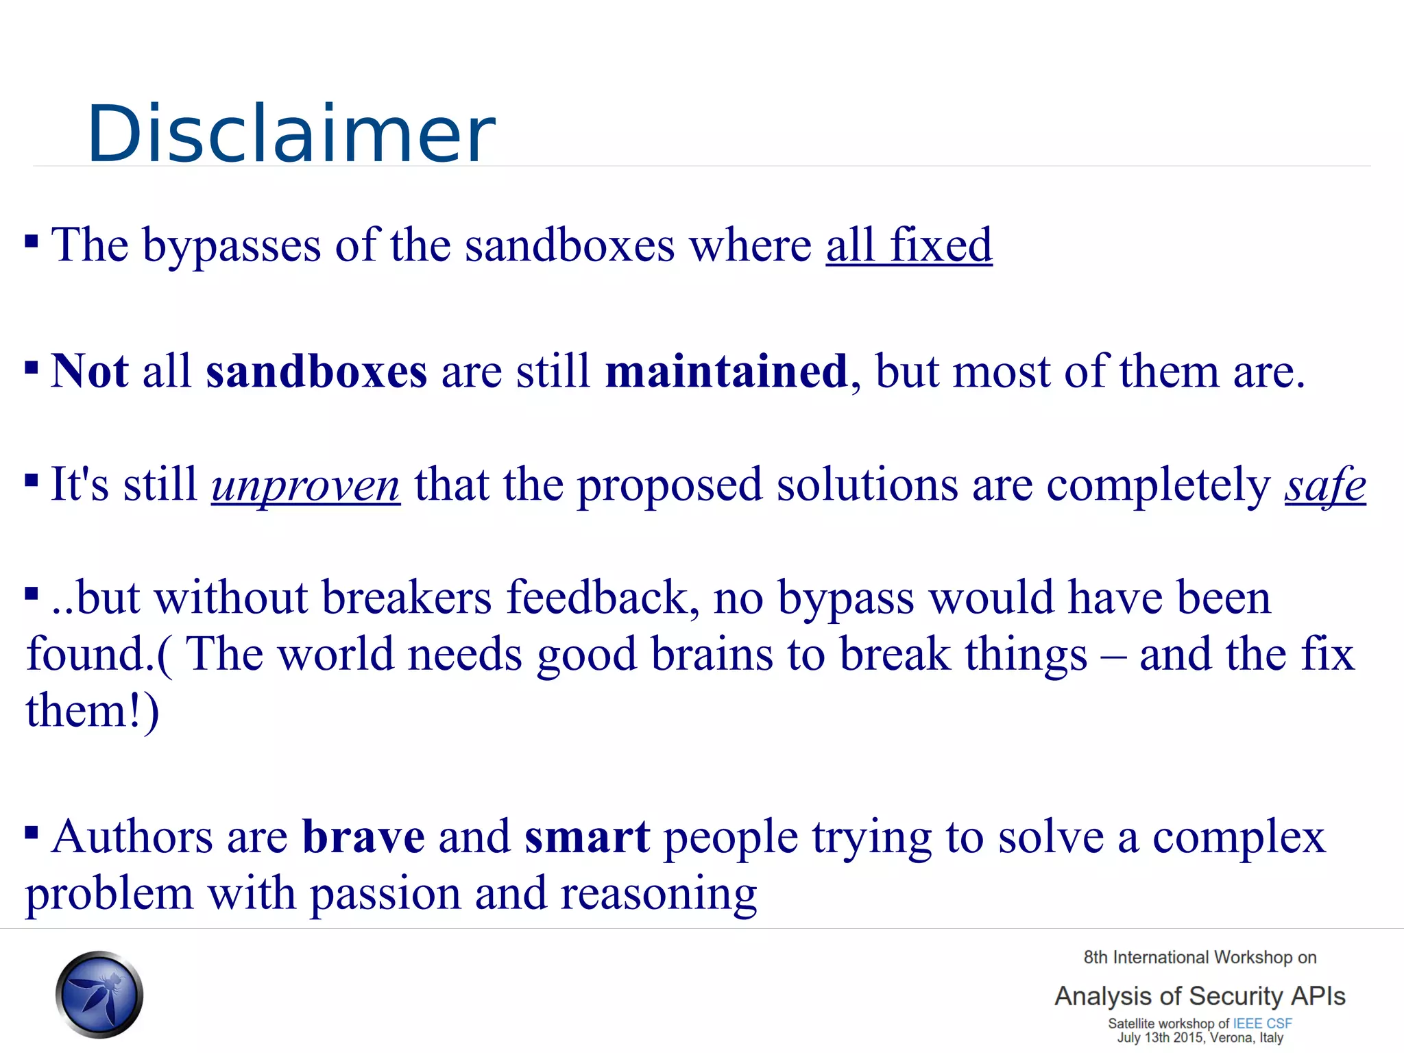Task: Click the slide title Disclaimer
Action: [291, 134]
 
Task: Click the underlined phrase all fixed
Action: [908, 245]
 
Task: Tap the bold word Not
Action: [89, 372]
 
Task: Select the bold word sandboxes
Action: [316, 372]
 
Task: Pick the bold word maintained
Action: [726, 372]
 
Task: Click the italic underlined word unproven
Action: [305, 485]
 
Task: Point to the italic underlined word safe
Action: [1324, 485]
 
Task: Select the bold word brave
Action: [363, 837]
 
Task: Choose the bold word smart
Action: [587, 837]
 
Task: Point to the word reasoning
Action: [658, 895]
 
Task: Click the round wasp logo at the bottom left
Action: [99, 994]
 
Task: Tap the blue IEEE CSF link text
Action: [1262, 1024]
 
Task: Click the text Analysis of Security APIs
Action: [1199, 996]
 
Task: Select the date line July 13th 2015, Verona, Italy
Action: [1199, 1038]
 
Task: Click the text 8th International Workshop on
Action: [1199, 958]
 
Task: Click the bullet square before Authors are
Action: [32, 832]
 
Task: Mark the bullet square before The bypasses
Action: [32, 241]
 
